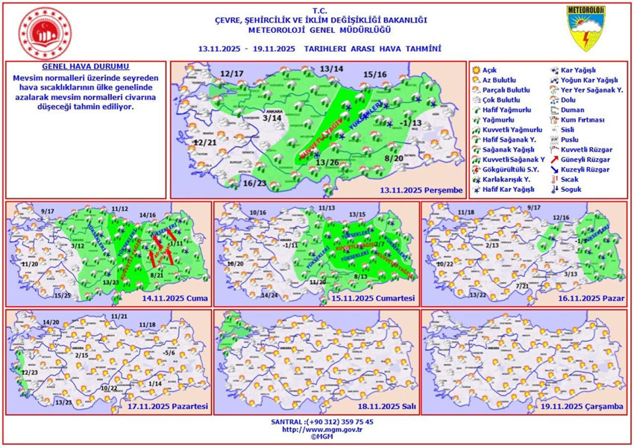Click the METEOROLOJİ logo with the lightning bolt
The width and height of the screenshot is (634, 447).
pyautogui.click(x=586, y=29)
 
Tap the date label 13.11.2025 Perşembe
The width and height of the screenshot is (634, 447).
pyautogui.click(x=420, y=191)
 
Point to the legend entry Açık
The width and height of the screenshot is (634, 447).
pyautogui.click(x=490, y=69)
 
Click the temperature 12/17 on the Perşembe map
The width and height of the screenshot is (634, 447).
pyautogui.click(x=233, y=73)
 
